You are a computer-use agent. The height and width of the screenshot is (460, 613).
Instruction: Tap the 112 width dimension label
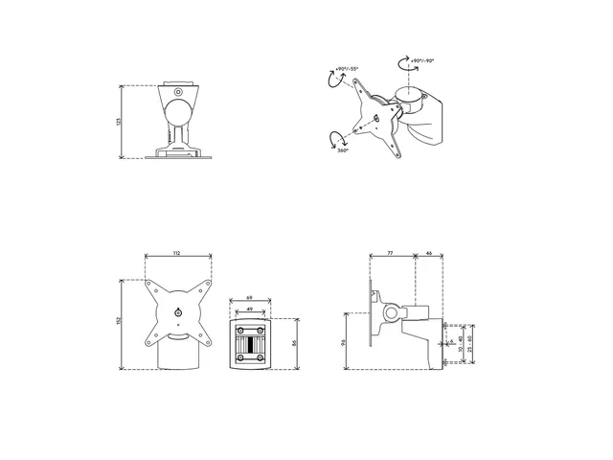click(177, 253)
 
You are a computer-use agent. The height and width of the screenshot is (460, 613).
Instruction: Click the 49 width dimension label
click(249, 310)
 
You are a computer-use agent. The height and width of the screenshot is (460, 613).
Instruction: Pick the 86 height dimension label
click(293, 342)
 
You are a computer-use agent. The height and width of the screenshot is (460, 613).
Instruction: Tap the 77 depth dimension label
click(391, 253)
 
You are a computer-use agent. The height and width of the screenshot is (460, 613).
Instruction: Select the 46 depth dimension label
click(428, 253)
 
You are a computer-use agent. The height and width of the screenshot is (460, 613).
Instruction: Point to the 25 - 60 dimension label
click(470, 343)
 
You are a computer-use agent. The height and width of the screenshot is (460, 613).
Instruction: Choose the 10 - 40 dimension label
click(461, 344)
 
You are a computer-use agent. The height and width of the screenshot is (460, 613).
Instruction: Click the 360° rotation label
click(342, 150)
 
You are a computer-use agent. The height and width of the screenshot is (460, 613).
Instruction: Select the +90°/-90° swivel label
click(422, 60)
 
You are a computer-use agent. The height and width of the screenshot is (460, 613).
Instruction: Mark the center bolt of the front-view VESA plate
click(178, 311)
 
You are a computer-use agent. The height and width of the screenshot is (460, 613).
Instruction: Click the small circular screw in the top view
click(177, 92)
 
